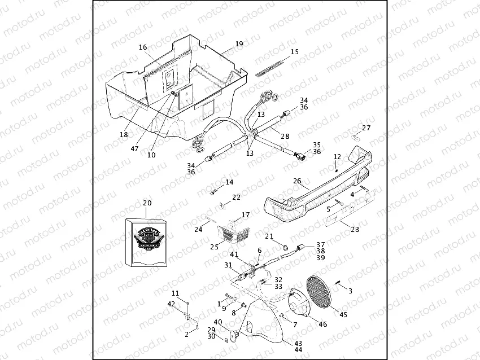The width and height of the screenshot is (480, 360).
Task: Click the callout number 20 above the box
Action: coord(147,203)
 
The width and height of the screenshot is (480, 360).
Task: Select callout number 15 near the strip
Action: coord(295,52)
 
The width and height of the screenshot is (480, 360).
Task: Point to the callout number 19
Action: coord(239,43)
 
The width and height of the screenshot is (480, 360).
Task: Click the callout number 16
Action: coord(143,47)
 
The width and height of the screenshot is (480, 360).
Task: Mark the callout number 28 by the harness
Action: coord(285,136)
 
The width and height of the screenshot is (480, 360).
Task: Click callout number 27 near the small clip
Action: coord(366,128)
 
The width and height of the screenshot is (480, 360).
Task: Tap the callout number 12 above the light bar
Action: coord(337,156)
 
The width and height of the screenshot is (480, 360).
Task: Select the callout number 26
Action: coord(298,181)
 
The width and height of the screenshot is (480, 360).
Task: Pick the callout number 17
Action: coord(246,215)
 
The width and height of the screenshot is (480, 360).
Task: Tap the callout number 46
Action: coord(322,324)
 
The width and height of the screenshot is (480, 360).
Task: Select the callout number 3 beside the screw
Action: coord(350,291)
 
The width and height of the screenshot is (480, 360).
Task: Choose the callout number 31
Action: coord(228,265)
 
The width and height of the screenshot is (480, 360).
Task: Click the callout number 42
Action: coord(171,304)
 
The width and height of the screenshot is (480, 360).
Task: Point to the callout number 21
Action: coord(269,236)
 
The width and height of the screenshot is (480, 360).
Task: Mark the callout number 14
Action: coord(229,182)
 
